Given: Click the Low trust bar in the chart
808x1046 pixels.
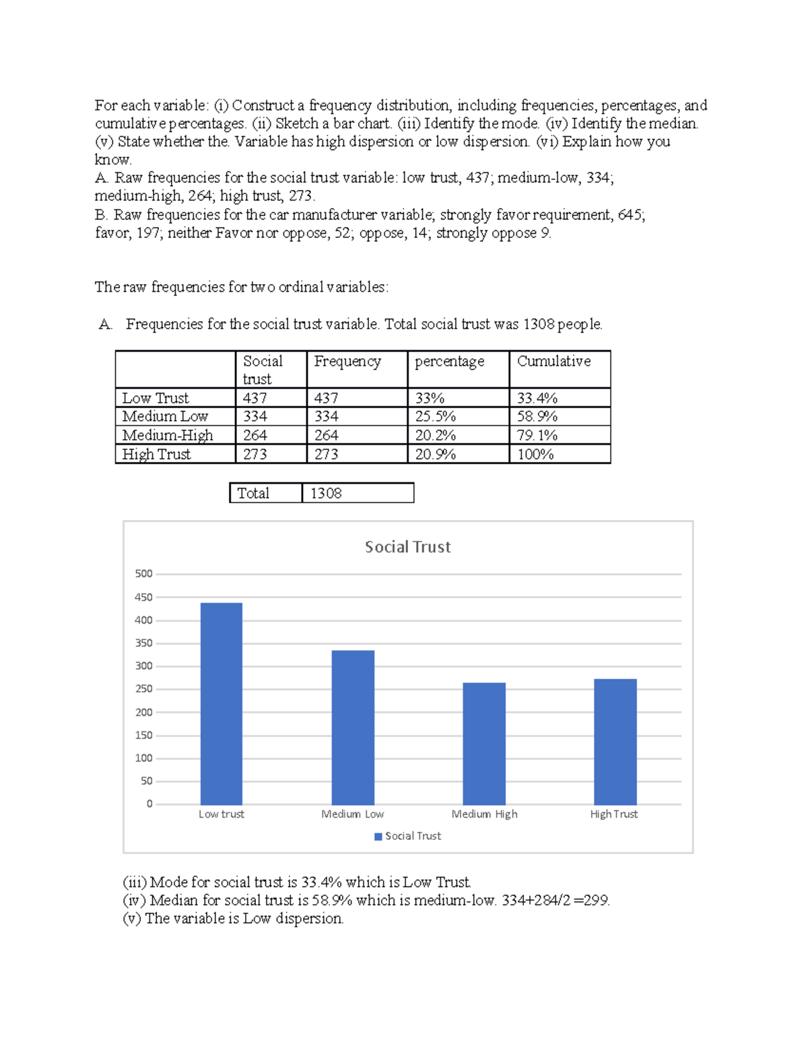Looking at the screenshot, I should pyautogui.click(x=222, y=703).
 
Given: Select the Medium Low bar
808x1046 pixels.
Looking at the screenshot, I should pyautogui.click(x=353, y=727).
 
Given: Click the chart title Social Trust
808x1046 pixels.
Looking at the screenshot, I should pyautogui.click(x=407, y=547).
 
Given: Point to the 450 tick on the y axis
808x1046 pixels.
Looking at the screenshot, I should pyautogui.click(x=143, y=597).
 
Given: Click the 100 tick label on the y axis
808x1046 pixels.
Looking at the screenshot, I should pyautogui.click(x=143, y=758).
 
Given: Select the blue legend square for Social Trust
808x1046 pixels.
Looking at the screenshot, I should pyautogui.click(x=378, y=837).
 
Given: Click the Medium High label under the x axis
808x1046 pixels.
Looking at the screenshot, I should pyautogui.click(x=484, y=814).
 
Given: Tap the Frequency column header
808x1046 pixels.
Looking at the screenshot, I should pyautogui.click(x=347, y=362).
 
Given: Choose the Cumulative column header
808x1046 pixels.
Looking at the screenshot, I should pyautogui.click(x=553, y=362).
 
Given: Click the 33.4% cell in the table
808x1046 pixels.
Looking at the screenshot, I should pyautogui.click(x=537, y=398).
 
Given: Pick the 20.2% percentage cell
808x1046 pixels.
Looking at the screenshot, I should pyautogui.click(x=435, y=436).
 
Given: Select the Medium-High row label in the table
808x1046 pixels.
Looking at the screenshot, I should pyautogui.click(x=168, y=436).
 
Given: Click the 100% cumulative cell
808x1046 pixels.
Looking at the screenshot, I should pyautogui.click(x=535, y=455).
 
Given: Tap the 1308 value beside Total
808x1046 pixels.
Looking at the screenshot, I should pyautogui.click(x=326, y=494).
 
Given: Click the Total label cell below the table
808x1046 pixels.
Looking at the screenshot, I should pyautogui.click(x=253, y=494).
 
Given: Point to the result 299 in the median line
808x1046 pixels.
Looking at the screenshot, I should pyautogui.click(x=596, y=901).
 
